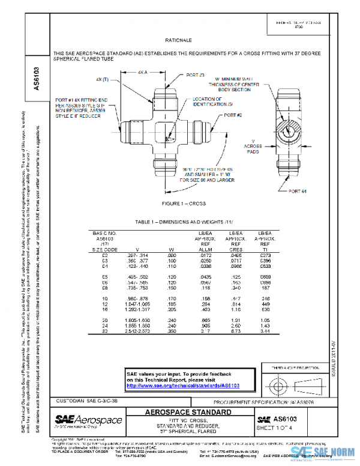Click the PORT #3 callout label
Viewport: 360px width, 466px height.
195,75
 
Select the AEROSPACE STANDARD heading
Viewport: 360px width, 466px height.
188,413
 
